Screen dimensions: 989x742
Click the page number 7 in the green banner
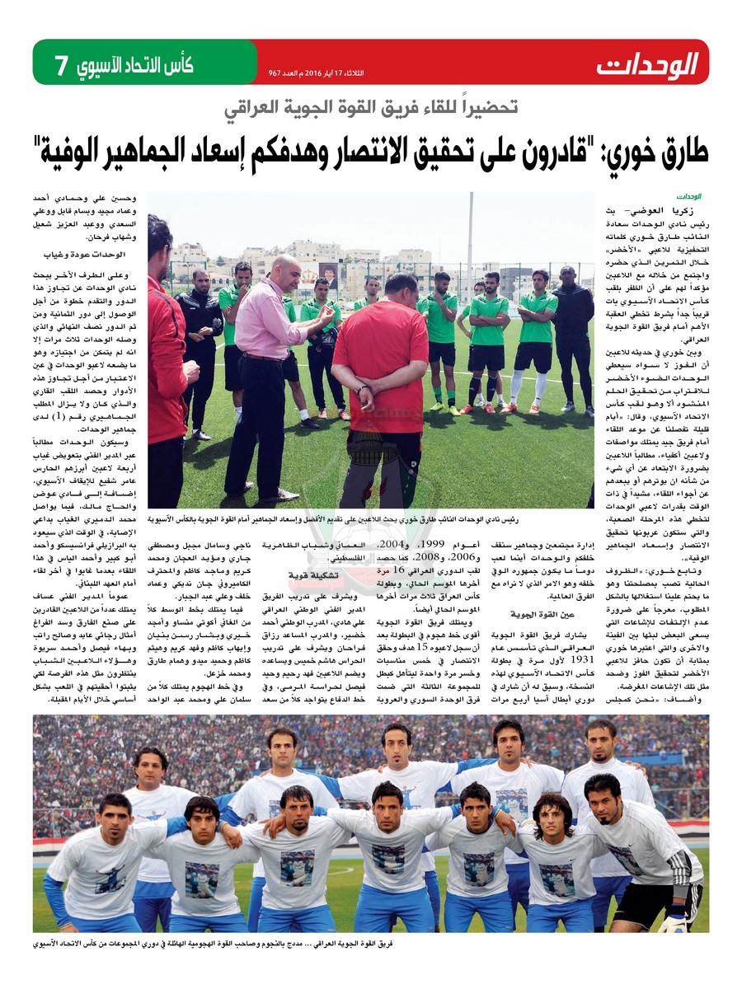pos(60,65)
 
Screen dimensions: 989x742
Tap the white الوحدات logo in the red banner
pos(647,63)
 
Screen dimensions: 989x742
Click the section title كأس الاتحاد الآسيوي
pos(135,65)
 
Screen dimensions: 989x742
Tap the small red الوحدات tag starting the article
pos(688,198)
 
